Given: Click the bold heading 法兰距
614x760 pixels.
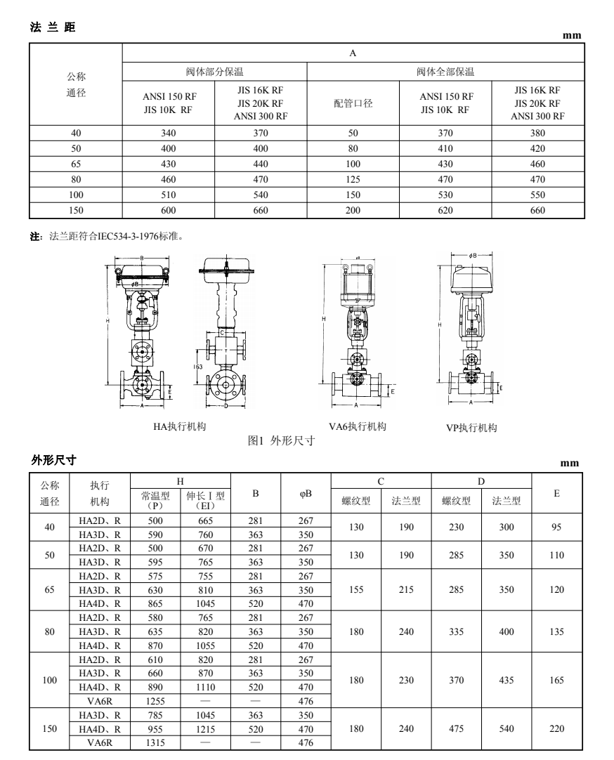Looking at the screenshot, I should pyautogui.click(x=53, y=28).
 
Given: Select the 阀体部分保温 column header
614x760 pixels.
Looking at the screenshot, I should pyautogui.click(x=214, y=71).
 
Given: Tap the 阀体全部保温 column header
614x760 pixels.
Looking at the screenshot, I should pyautogui.click(x=445, y=71).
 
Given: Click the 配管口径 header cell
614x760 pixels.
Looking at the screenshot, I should pyautogui.click(x=353, y=103).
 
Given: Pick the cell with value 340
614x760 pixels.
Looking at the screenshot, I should pyautogui.click(x=169, y=133).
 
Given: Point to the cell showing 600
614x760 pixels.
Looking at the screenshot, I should pyautogui.click(x=169, y=210).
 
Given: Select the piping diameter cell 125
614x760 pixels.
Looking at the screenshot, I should pyautogui.click(x=353, y=179).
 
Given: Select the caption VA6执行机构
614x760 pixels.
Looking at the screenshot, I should pyautogui.click(x=358, y=426).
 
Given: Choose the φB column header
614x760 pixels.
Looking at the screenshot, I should pyautogui.click(x=306, y=494).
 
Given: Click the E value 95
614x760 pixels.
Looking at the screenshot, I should pyautogui.click(x=556, y=528).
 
